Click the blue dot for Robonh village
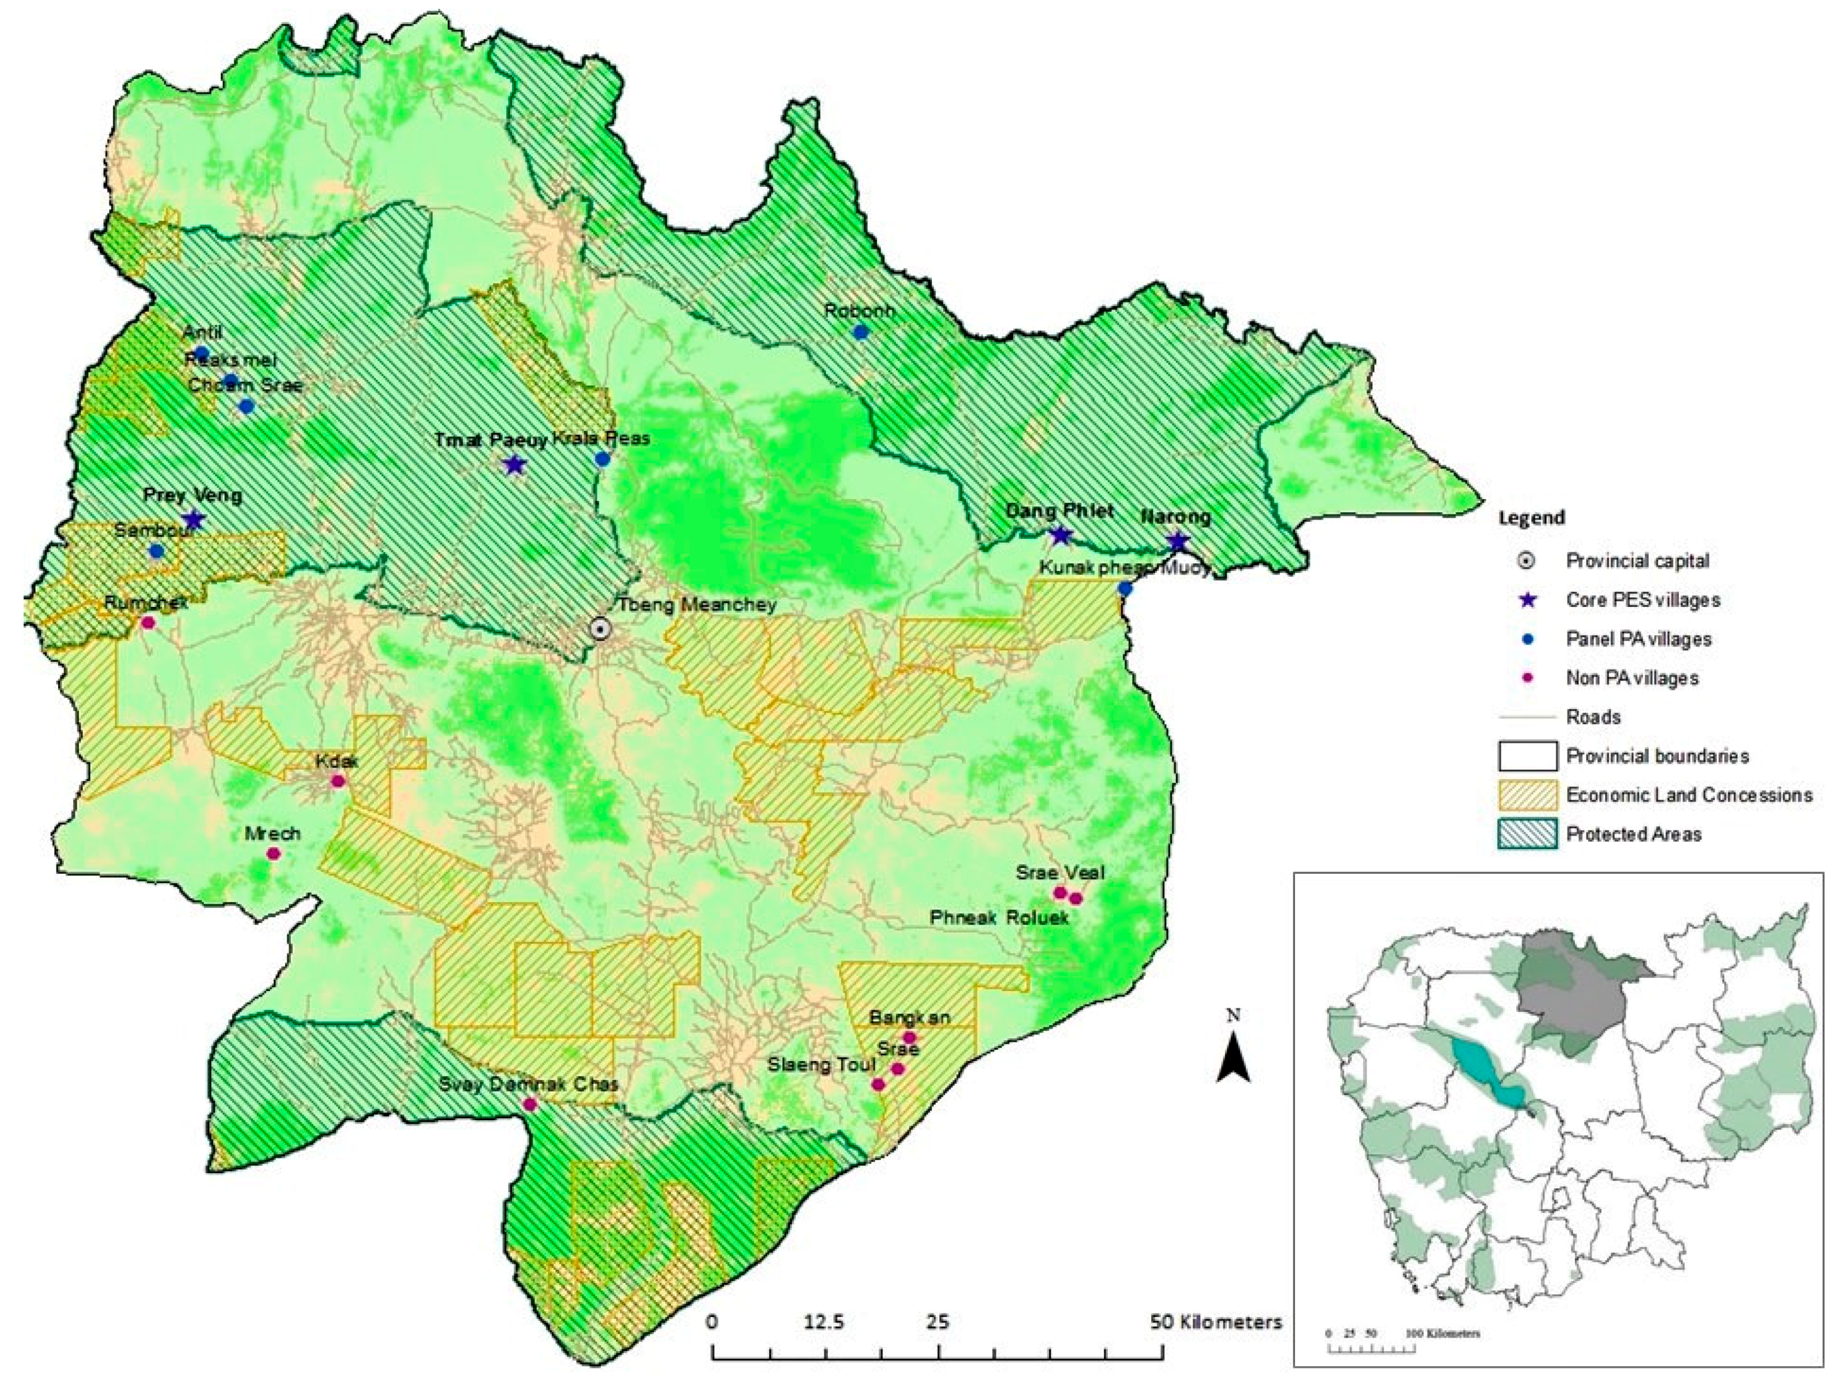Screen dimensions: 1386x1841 (x=861, y=332)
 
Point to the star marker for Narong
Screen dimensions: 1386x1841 (x=1177, y=542)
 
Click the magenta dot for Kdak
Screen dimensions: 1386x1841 (x=338, y=781)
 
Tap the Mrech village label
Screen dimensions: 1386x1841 (x=272, y=833)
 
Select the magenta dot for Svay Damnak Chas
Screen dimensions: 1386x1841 (x=530, y=1104)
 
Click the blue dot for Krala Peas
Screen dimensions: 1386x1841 (x=602, y=459)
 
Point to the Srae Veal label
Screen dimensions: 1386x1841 (x=1060, y=872)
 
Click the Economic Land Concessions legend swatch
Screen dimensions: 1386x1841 (x=1527, y=795)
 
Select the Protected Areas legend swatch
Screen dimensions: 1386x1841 (x=1527, y=834)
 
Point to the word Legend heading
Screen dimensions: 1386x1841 (x=1532, y=518)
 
